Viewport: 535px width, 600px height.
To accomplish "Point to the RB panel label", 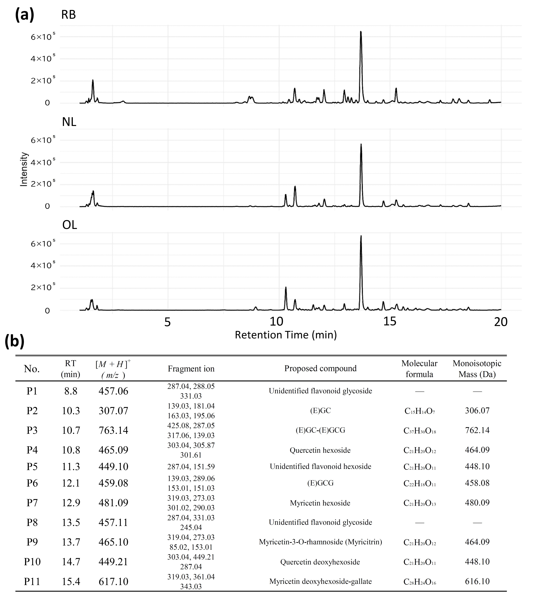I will (x=68, y=15).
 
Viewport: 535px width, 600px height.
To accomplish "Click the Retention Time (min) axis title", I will (x=286, y=335).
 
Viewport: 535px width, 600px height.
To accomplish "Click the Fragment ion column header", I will (x=191, y=369).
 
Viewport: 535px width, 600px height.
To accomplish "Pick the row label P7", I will (x=32, y=503).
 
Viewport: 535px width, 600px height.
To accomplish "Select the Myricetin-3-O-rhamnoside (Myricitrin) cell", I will (x=320, y=542).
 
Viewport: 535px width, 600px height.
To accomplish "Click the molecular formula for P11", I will (x=420, y=581).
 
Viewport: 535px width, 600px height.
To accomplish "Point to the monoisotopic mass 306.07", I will (x=477, y=411).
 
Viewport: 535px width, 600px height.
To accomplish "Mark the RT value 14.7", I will (x=71, y=562).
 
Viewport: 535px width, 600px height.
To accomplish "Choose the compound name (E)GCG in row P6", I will (x=320, y=483).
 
